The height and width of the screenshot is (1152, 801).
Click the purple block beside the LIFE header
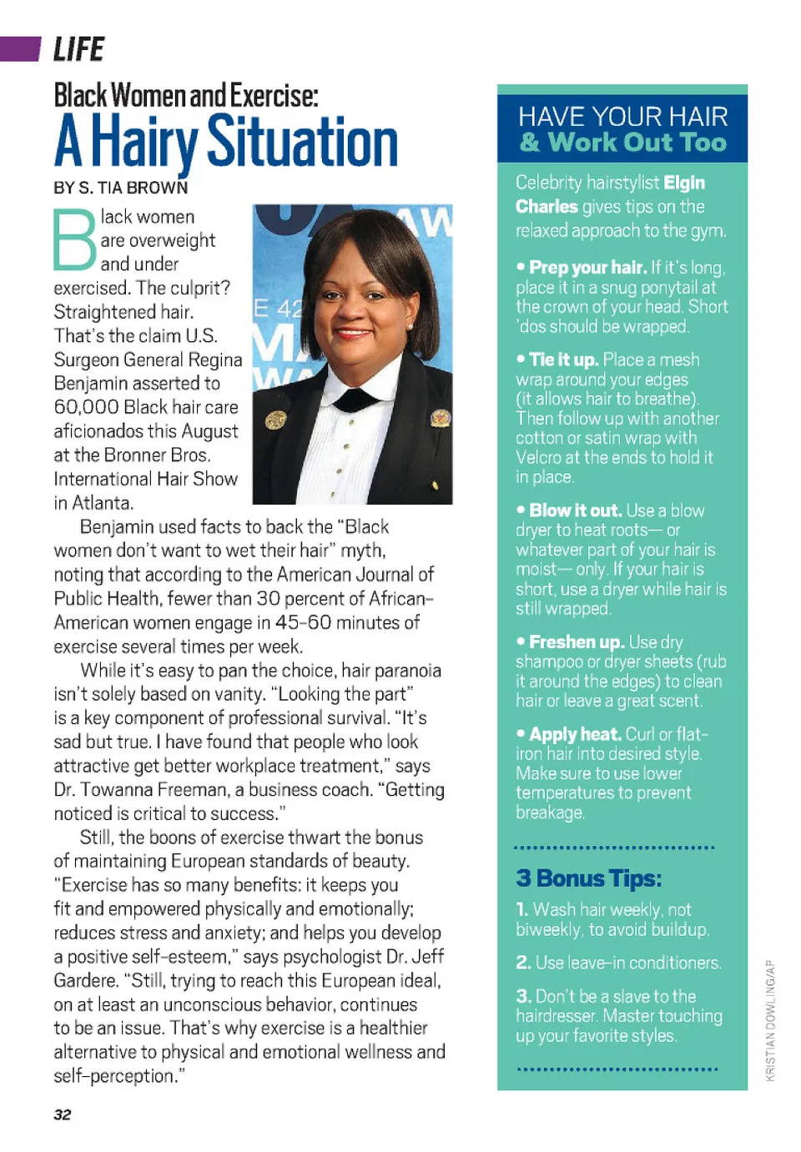pos(20,49)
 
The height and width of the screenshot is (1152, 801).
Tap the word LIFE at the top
pos(78,50)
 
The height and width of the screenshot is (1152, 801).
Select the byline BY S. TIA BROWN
pos(120,188)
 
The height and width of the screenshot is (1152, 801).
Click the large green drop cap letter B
pos(75,240)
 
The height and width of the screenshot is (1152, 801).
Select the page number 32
pos(63,1114)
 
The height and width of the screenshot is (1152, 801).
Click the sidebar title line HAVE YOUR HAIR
pos(622,117)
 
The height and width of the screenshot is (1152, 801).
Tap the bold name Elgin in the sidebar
pos(684,183)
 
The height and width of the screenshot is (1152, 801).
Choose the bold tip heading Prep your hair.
pos(587,268)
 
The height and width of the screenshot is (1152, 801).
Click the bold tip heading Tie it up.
pos(563,360)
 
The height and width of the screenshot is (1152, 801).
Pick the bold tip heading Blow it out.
pos(575,511)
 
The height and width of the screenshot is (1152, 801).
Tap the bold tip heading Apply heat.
pos(575,734)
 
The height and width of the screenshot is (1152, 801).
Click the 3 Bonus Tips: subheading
pos(588,878)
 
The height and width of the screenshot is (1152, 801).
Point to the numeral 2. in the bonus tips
pos(523,963)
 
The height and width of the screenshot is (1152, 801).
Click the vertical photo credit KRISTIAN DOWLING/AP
pos(770,1021)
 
